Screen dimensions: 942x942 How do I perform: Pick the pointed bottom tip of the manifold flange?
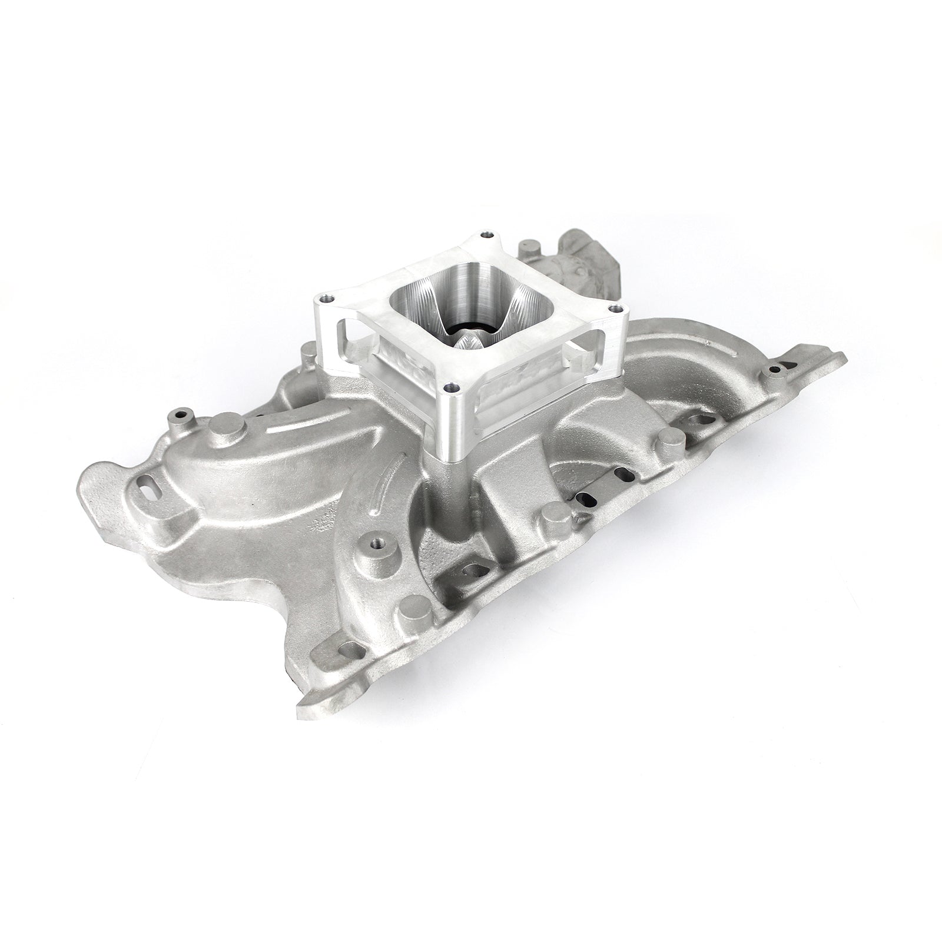pyautogui.click(x=301, y=701)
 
